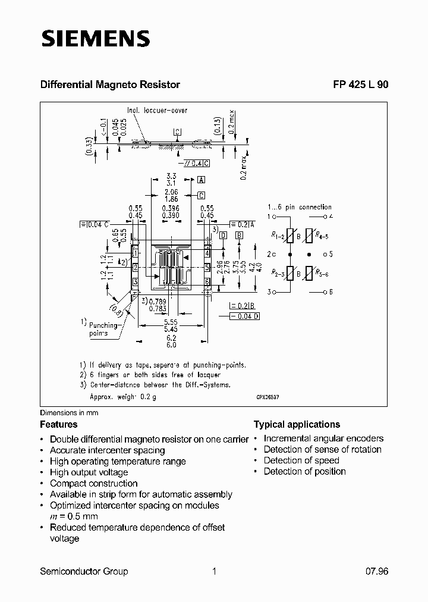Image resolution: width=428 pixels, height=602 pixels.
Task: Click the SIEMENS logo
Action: [95, 39]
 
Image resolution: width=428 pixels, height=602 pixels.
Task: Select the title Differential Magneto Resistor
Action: [110, 84]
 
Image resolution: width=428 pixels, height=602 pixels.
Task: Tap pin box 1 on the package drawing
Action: [136, 253]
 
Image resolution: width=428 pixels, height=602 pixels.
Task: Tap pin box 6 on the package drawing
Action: [207, 281]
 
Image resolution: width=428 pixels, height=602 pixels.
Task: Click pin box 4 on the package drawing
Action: [207, 253]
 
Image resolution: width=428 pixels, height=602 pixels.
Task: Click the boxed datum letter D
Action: [223, 236]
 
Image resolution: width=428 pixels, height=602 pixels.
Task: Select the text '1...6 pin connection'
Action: [299, 207]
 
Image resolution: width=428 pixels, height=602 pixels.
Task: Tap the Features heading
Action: [59, 424]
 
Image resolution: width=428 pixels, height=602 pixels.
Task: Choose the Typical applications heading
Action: [297, 424]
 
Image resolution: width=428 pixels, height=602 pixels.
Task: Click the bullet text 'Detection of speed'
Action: [301, 460]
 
